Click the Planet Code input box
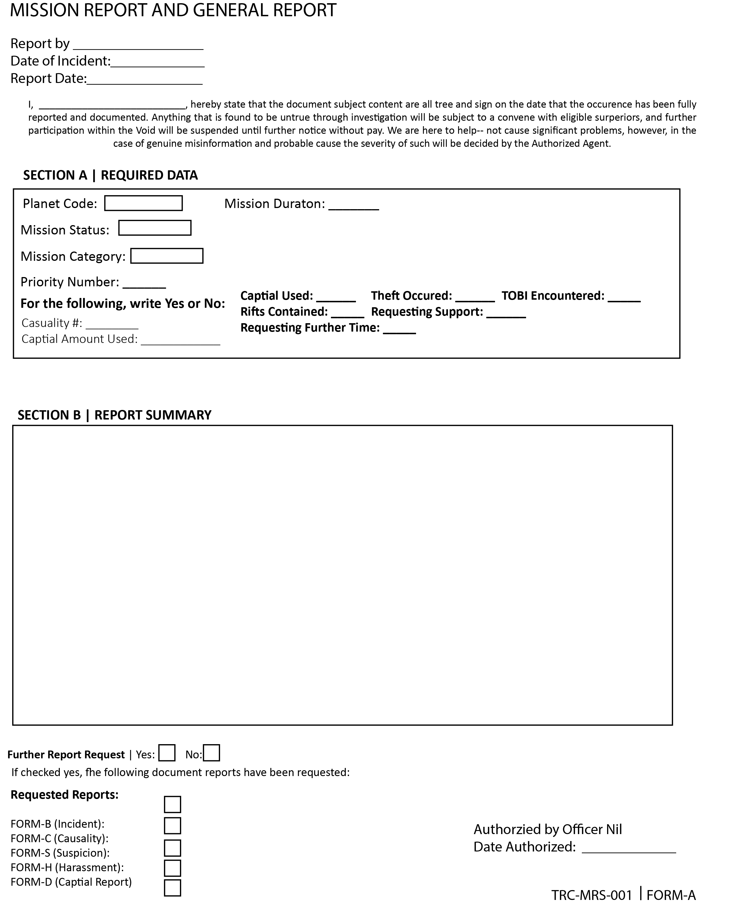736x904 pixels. pyautogui.click(x=143, y=203)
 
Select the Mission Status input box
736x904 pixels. pyautogui.click(x=155, y=228)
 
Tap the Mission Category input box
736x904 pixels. pyautogui.click(x=167, y=256)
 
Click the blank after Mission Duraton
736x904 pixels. pyautogui.click(x=354, y=206)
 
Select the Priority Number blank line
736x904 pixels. pyautogui.click(x=144, y=284)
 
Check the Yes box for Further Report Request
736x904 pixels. pyautogui.click(x=167, y=753)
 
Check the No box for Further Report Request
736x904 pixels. pyautogui.click(x=212, y=753)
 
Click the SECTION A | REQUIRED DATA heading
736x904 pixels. pyautogui.click(x=110, y=176)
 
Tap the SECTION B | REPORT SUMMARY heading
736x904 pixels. pyautogui.click(x=114, y=415)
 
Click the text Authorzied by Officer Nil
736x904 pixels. pyautogui.click(x=547, y=829)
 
